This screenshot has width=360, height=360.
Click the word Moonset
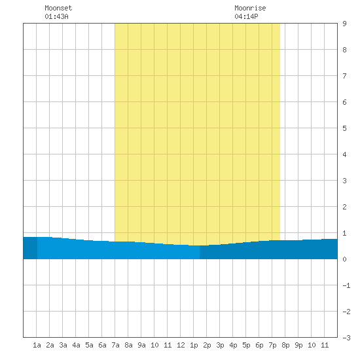click(58, 8)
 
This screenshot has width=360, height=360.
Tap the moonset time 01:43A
click(56, 16)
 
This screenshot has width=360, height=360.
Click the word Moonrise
click(250, 8)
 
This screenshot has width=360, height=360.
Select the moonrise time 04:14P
click(246, 16)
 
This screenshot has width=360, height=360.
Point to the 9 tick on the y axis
click(344, 24)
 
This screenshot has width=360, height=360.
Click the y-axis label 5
click(344, 128)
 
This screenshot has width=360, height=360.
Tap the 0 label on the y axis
click(344, 259)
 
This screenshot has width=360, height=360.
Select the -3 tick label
click(346, 338)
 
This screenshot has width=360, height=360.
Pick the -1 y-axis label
click(346, 285)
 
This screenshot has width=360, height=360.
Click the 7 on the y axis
click(344, 76)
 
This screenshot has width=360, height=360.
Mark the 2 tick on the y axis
click(344, 207)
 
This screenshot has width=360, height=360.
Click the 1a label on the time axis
click(37, 345)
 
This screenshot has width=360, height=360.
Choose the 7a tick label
click(115, 345)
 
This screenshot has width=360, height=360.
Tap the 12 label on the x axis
click(181, 345)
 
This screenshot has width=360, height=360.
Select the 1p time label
click(194, 346)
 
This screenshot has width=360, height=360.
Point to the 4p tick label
click(233, 346)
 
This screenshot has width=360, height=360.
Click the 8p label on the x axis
click(285, 346)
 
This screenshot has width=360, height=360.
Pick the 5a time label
click(89, 345)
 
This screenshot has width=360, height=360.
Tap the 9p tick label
click(298, 346)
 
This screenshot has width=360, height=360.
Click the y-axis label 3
click(344, 181)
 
